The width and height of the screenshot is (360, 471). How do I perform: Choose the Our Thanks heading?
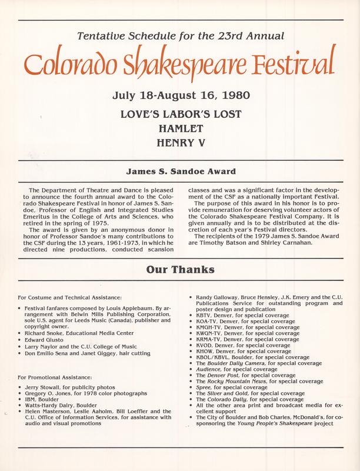tap(180, 271)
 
